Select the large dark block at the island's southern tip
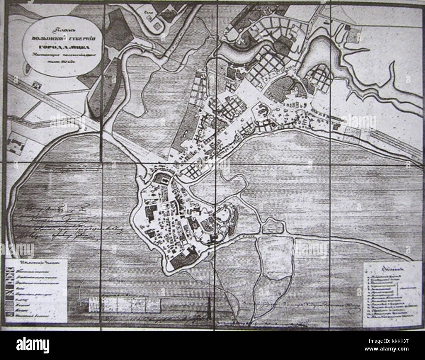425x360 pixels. click(177, 260)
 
